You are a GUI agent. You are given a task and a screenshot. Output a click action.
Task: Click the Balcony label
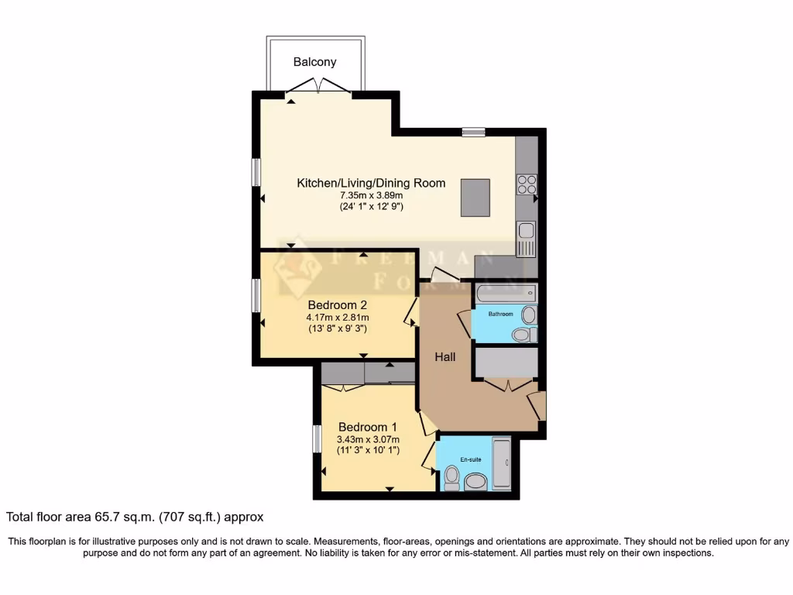coord(315,62)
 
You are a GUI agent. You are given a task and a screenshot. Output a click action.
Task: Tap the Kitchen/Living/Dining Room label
coord(371,183)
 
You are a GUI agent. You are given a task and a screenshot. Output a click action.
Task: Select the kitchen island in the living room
coord(475,197)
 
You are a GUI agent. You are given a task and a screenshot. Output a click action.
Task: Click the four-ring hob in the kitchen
coord(527,184)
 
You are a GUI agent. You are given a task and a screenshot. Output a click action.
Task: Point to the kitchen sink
coord(526,231)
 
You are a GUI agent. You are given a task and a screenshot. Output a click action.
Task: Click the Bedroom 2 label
coord(337,304)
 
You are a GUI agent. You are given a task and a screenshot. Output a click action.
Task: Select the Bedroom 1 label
coord(368,427)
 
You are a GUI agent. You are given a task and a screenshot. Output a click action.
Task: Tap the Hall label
coord(445,357)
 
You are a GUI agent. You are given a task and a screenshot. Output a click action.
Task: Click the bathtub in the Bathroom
coord(505,294)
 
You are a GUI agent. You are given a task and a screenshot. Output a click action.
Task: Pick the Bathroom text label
coord(499,314)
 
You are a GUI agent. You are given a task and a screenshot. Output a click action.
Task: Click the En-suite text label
coord(471,459)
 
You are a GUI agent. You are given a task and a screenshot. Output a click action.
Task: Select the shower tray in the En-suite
coord(501,464)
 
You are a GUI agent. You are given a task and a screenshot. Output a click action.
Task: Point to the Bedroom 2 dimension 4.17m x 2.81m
coord(337,317)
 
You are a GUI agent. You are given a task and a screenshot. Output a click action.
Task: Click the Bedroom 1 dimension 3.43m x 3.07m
coord(368,439)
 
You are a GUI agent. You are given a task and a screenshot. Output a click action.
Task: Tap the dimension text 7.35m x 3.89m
coord(371,195)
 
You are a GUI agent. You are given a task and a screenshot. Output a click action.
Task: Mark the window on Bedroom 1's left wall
coord(316,439)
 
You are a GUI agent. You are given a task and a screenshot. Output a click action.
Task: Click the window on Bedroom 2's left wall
coord(256,296)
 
